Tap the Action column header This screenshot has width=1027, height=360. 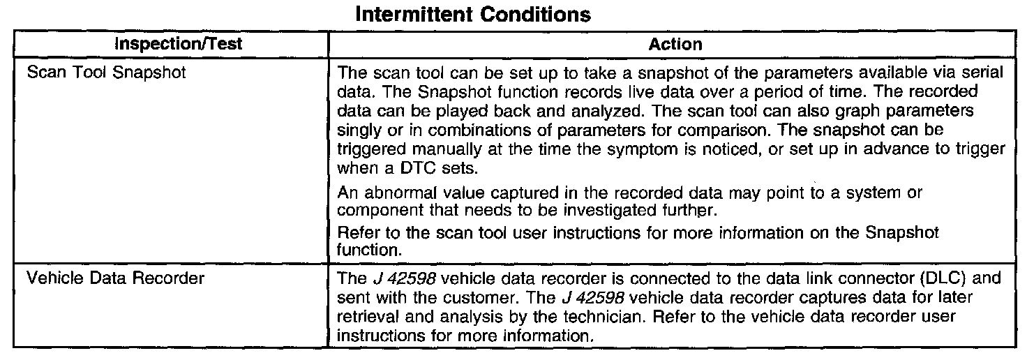675,44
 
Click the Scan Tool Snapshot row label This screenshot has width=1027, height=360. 106,72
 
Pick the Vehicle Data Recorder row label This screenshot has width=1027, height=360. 115,278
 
